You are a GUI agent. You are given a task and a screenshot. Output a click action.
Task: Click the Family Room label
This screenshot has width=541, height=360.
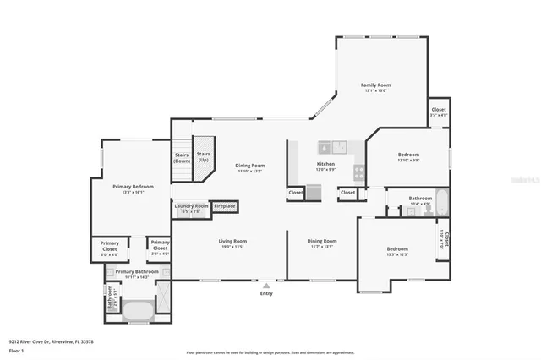[x=376, y=85]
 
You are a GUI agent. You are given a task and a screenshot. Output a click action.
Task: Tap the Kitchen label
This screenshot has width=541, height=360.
[x=325, y=164]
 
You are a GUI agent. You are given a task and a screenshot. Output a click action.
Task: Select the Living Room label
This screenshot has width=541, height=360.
[x=232, y=241]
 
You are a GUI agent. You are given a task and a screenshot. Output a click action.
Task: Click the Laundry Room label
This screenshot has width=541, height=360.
[x=191, y=206]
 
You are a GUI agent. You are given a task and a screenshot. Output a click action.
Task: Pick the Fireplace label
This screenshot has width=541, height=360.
[x=224, y=206]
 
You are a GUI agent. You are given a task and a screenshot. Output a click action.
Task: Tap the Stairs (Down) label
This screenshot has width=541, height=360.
[x=182, y=157]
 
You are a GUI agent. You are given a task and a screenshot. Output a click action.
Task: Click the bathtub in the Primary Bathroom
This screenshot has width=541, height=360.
[x=138, y=310]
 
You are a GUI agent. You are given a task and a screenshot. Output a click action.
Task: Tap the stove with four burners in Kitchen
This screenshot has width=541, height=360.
[x=358, y=172]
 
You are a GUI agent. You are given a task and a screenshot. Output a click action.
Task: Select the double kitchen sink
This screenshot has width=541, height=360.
[x=338, y=145]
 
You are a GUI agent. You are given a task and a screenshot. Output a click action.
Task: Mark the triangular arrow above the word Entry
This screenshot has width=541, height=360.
[x=267, y=286]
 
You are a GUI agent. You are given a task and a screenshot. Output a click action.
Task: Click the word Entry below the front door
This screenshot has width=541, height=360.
[x=267, y=293]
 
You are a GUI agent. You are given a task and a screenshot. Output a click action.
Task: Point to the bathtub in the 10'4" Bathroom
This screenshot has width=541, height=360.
[x=442, y=203]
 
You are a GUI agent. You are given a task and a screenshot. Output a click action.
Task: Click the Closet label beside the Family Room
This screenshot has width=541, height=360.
[x=439, y=110]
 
